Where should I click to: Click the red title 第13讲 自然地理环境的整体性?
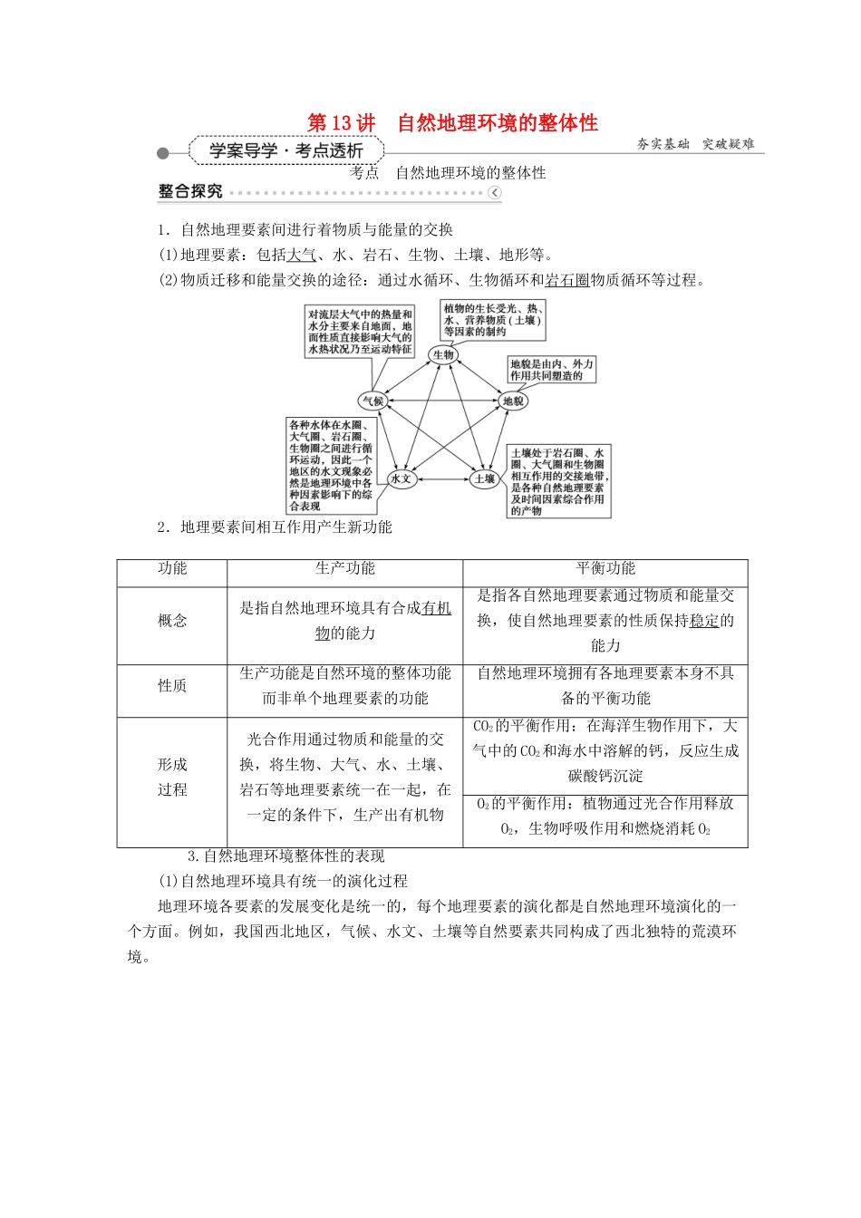[x=452, y=122]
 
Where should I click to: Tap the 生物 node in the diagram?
[x=443, y=354]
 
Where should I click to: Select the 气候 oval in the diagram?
[x=372, y=401]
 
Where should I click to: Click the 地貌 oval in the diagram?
[x=513, y=401]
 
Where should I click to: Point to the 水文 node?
[x=401, y=478]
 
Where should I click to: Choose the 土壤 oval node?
[x=484, y=478]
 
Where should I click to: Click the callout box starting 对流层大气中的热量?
[x=360, y=331]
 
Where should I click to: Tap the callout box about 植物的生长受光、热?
[x=493, y=320]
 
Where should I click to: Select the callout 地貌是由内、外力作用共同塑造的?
[x=551, y=370]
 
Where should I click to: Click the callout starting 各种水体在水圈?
[x=331, y=465]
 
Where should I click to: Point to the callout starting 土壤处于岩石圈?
[x=557, y=481]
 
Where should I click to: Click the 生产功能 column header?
[x=344, y=568]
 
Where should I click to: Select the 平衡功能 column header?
[x=605, y=568]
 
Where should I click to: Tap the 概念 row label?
[x=172, y=621]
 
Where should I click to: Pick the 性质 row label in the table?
[x=172, y=686]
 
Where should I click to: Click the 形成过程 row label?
[x=172, y=777]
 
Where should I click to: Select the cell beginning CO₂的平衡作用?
[x=605, y=750]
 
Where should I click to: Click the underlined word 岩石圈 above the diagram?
[x=567, y=280]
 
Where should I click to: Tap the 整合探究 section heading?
[x=190, y=191]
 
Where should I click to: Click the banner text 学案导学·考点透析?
[x=285, y=150]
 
